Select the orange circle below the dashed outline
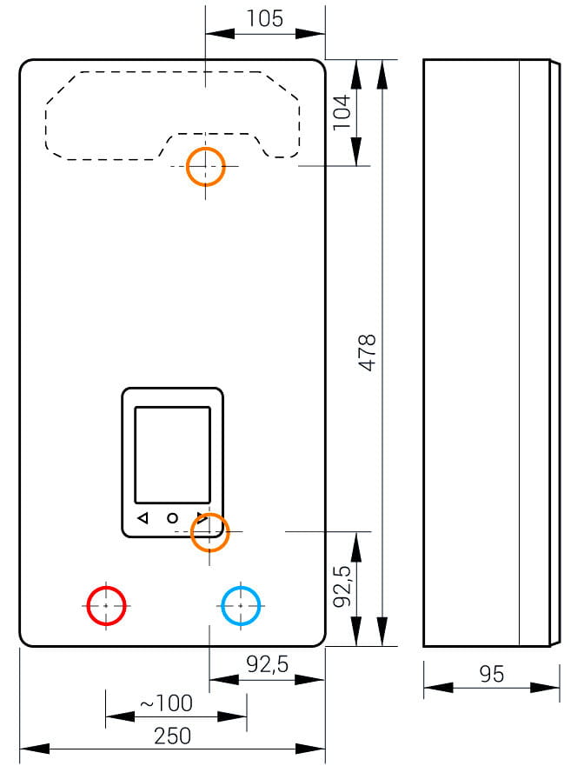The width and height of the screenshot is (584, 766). pyautogui.click(x=206, y=165)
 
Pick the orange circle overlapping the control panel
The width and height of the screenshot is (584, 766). pyautogui.click(x=209, y=531)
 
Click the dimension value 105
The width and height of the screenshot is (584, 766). pyautogui.click(x=265, y=18)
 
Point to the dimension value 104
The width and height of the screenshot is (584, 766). pyautogui.click(x=342, y=112)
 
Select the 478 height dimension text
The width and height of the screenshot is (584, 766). pyautogui.click(x=368, y=353)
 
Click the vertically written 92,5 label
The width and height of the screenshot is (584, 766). pyautogui.click(x=342, y=587)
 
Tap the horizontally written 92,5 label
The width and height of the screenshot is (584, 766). pyautogui.click(x=269, y=666)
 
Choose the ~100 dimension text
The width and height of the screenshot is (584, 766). pyautogui.click(x=167, y=703)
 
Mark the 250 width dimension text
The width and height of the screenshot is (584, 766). pyautogui.click(x=172, y=736)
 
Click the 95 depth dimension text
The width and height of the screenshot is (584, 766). pyautogui.click(x=492, y=675)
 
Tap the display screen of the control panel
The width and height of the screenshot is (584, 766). pyautogui.click(x=172, y=455)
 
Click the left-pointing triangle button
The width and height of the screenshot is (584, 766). pyautogui.click(x=143, y=518)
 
